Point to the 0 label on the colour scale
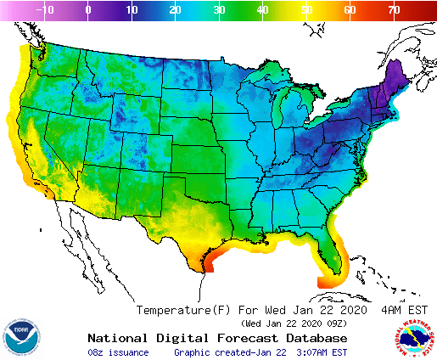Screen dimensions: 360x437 pyautogui.click(x=88, y=9)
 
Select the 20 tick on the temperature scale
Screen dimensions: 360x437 pyautogui.click(x=175, y=9)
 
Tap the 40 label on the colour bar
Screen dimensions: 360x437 pyautogui.click(x=262, y=9)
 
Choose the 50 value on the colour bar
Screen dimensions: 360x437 pyautogui.click(x=305, y=9)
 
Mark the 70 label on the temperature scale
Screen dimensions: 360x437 pyautogui.click(x=393, y=9)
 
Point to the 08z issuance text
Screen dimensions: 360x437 pyautogui.click(x=118, y=352)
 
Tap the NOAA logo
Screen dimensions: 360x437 pyautogui.click(x=20, y=337)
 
